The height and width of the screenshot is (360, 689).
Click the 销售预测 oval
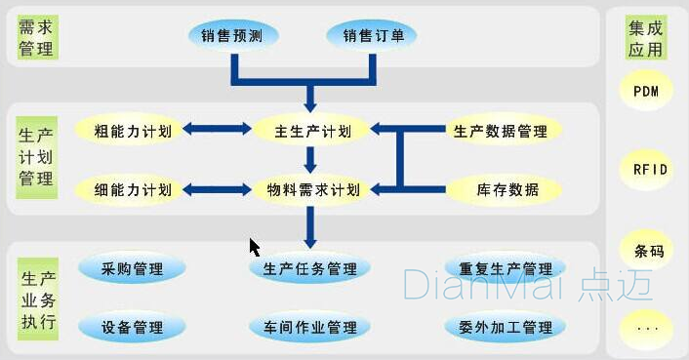click(232, 37)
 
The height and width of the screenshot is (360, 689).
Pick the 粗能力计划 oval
click(133, 130)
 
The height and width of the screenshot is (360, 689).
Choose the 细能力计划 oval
click(133, 189)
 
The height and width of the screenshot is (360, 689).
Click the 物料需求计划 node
click(313, 189)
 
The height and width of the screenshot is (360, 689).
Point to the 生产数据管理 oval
click(501, 130)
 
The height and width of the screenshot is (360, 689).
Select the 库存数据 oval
click(501, 189)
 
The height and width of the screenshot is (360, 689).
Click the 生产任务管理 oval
click(309, 268)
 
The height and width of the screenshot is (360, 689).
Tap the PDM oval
click(646, 93)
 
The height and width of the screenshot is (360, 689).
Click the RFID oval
click(646, 170)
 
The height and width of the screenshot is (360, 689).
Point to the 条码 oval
click(646, 251)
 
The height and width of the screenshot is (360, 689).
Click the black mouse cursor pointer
click(255, 247)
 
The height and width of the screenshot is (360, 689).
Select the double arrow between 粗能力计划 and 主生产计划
click(217, 128)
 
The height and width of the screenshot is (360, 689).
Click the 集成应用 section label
click(646, 38)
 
